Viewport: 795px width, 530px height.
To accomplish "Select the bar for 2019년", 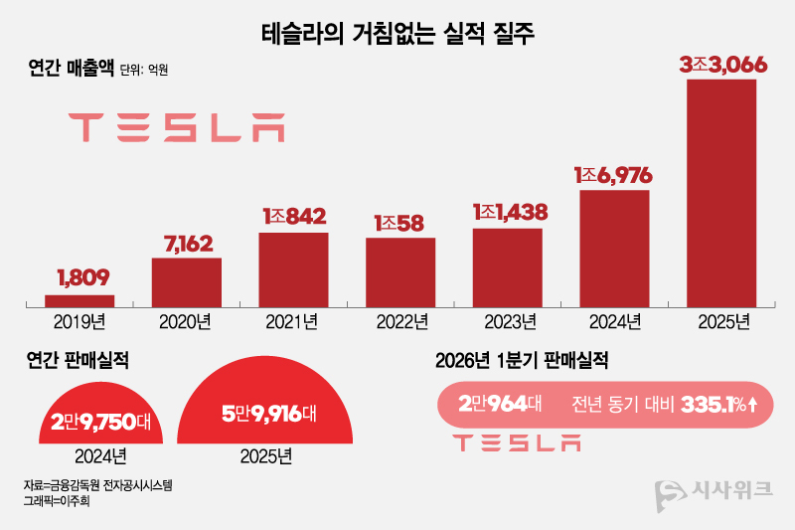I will tap(79, 300).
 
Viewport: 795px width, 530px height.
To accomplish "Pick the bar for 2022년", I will tap(400, 271).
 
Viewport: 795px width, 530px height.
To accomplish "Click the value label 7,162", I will tap(187, 243).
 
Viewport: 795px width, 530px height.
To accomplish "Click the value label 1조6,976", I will tap(613, 175).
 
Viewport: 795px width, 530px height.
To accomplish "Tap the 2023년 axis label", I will tap(509, 321).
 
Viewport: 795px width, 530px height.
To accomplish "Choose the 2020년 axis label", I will tap(186, 321).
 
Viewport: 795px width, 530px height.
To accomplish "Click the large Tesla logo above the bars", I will tap(176, 127).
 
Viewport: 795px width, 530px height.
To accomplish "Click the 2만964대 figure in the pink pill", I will tap(500, 405).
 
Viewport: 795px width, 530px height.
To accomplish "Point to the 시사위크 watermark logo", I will tap(716, 493).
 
